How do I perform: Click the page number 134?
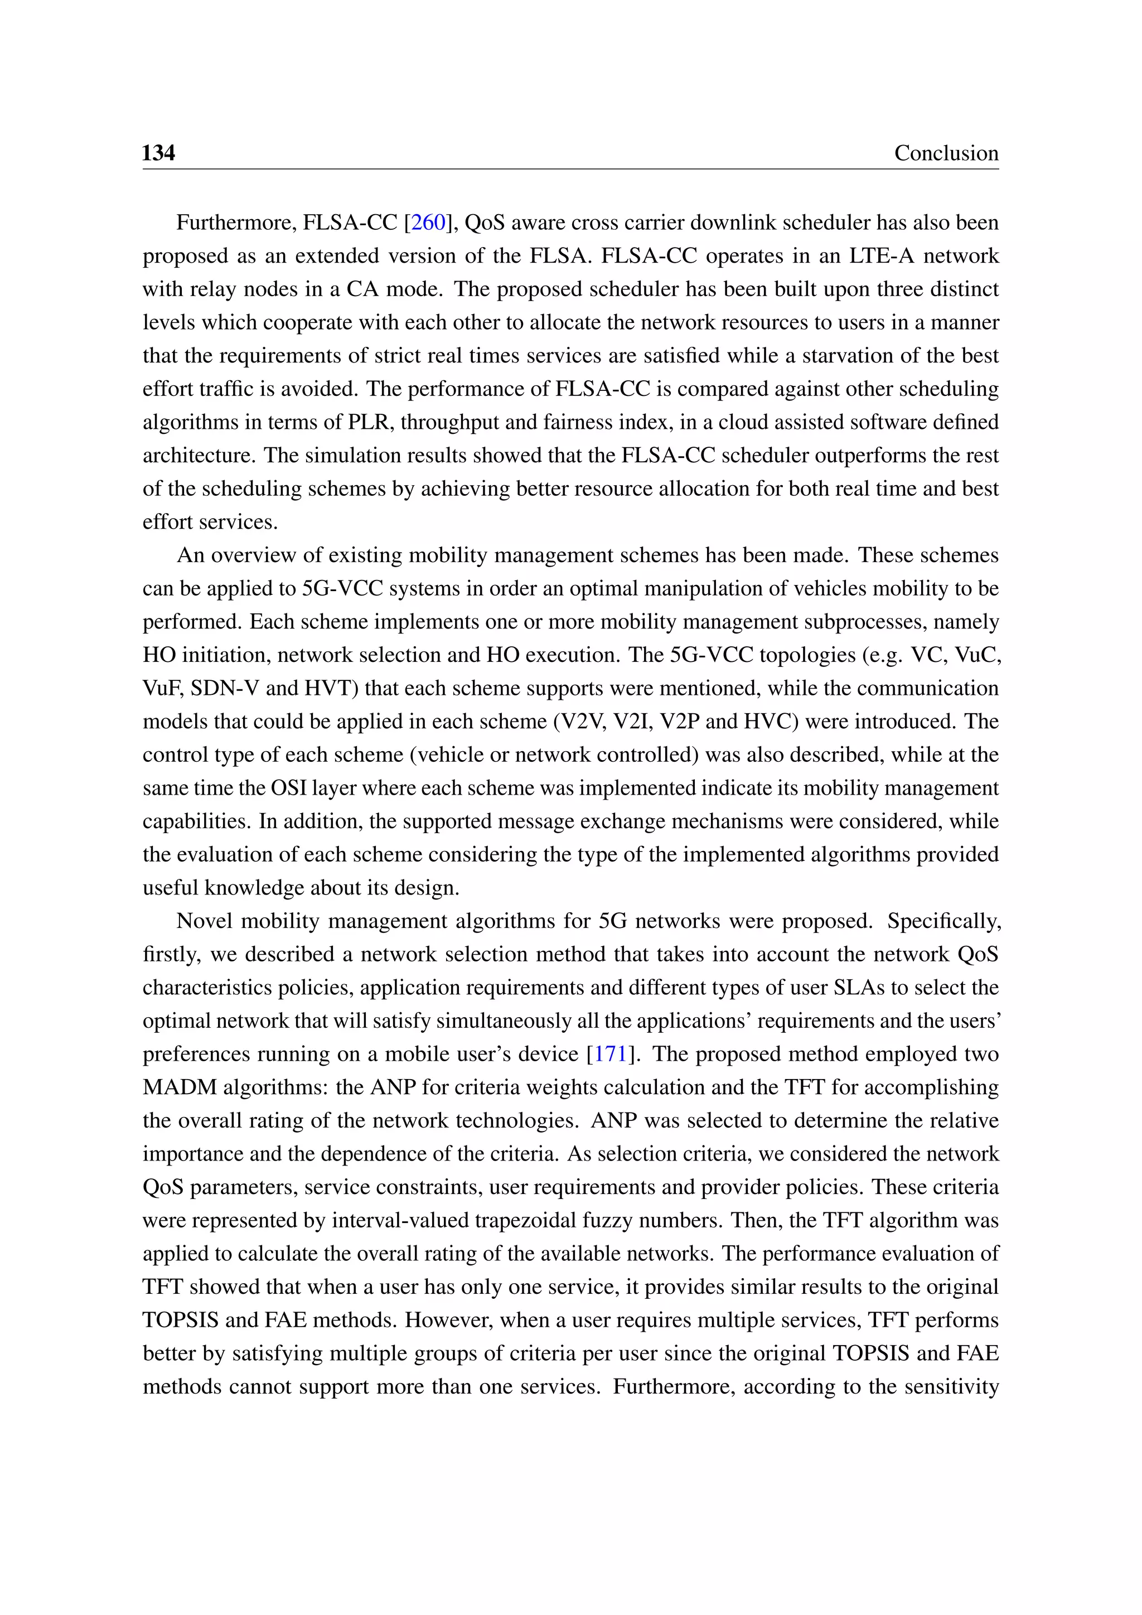pos(158,153)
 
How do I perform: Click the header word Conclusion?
pos(946,153)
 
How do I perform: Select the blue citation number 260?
pos(428,223)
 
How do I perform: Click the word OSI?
pos(288,788)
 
